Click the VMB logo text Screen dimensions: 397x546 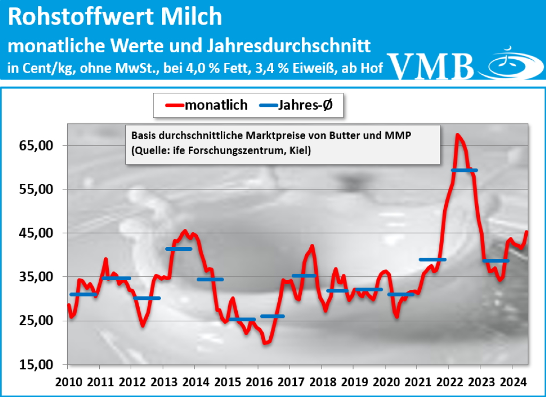[x=432, y=66]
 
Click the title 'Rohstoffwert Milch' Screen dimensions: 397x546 [x=115, y=17]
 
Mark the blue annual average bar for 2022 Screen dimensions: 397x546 [x=464, y=170]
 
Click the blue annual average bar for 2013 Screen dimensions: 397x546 [x=179, y=249]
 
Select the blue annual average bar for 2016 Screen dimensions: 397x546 [x=272, y=316]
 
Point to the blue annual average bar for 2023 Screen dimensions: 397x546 [x=495, y=260]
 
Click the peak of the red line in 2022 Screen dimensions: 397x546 [x=457, y=135]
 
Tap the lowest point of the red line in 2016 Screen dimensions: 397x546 [x=265, y=343]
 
